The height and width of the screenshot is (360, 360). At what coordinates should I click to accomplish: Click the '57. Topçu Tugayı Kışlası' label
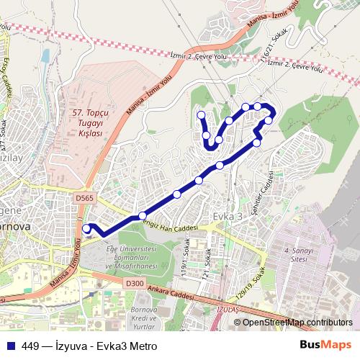(89, 123)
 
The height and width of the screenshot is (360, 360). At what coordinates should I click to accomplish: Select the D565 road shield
(84, 198)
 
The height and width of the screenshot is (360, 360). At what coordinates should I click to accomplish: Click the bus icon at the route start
(87, 229)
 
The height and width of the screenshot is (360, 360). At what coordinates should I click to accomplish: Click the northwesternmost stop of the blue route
(201, 114)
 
